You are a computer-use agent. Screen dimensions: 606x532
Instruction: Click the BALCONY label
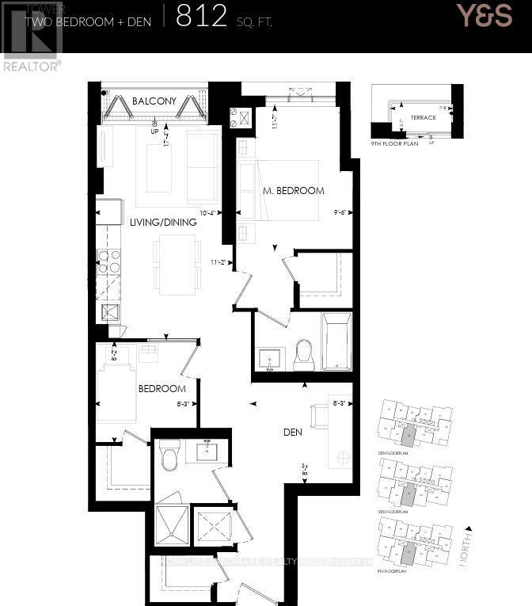click(x=150, y=101)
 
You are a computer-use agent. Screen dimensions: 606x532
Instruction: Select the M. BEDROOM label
click(x=294, y=191)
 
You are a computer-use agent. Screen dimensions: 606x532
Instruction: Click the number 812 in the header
click(x=202, y=17)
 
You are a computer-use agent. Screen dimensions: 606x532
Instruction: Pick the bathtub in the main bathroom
click(x=337, y=341)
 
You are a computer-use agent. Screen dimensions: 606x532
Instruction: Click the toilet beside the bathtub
click(x=304, y=354)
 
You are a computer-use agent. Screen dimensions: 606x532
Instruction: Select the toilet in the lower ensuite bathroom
click(x=169, y=454)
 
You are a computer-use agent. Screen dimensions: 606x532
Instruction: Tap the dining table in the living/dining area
click(x=177, y=265)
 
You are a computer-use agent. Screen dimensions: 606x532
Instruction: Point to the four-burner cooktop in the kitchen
click(x=108, y=261)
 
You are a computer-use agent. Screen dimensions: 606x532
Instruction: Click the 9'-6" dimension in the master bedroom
click(x=338, y=213)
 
